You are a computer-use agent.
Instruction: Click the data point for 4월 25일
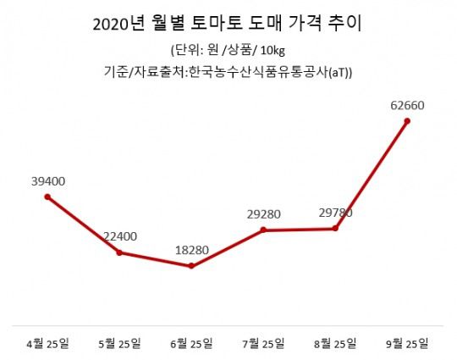tap(47, 197)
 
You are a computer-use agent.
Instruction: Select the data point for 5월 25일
tap(119, 252)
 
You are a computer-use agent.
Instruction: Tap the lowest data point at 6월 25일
tap(192, 266)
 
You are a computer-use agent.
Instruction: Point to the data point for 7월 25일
tap(265, 230)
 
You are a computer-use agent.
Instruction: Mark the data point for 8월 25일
tap(337, 228)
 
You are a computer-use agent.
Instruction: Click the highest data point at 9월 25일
tap(408, 121)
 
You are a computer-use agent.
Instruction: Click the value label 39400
tap(47, 180)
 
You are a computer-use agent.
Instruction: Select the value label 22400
tap(119, 235)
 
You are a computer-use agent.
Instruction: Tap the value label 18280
tap(192, 250)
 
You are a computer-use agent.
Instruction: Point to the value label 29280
tap(265, 213)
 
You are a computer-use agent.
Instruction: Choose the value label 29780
tap(336, 212)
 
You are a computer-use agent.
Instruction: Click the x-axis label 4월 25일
tap(47, 343)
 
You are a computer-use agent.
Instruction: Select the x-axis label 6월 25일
tap(192, 343)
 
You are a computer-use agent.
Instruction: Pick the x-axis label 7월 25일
tap(264, 343)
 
